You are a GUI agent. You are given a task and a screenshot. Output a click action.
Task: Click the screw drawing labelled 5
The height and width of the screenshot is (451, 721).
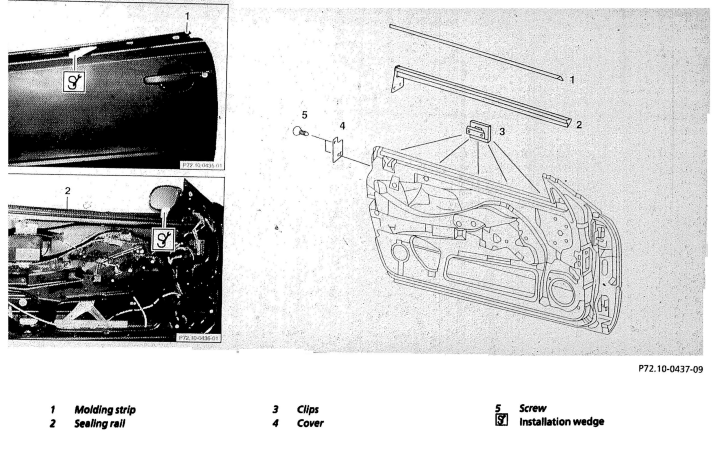(300, 131)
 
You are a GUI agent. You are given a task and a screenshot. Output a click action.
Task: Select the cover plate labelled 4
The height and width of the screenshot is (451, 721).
(337, 149)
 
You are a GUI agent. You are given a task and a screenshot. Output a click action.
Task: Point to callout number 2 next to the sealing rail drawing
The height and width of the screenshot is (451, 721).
(579, 125)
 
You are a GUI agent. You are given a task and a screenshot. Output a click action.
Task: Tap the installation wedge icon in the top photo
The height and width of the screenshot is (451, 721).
(74, 82)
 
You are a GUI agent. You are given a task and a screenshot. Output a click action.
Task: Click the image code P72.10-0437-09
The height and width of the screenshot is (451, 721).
(670, 369)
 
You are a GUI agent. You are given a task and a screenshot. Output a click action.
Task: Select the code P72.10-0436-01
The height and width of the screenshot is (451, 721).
(199, 338)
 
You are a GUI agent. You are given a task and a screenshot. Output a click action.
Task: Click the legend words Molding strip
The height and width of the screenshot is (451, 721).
(105, 410)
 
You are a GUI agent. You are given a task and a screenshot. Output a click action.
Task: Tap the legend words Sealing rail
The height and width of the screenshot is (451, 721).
(99, 424)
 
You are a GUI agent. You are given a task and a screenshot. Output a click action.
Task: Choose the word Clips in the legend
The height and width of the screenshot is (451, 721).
(308, 409)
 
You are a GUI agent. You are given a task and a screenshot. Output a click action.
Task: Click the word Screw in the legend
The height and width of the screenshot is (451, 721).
(532, 408)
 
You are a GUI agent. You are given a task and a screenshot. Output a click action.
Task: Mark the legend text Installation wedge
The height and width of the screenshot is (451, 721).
(562, 422)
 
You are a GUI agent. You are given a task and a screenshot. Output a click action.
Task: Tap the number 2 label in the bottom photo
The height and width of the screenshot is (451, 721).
(68, 191)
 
